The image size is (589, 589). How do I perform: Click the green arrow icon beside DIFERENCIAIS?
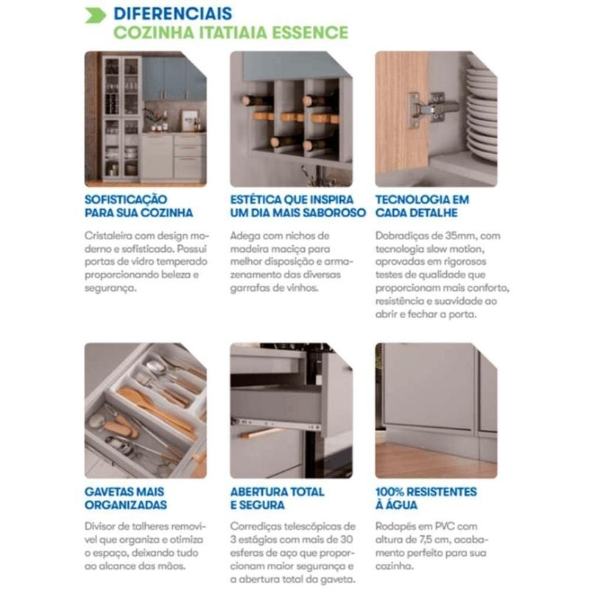point(96,15)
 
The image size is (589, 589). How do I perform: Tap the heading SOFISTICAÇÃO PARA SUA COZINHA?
point(138,206)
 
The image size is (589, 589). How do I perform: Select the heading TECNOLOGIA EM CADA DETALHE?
point(422,206)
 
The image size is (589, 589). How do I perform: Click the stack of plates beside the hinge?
point(482,113)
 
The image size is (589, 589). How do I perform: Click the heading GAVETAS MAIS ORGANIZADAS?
point(126,498)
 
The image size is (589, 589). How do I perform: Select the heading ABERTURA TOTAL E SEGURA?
point(278,498)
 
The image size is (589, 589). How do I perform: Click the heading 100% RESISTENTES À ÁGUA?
point(426,498)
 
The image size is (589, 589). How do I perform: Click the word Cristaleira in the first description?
point(108,236)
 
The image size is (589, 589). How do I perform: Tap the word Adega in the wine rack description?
point(245,236)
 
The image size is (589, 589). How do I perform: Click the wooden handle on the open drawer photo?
point(261,433)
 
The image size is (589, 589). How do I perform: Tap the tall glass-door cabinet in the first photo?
point(121,119)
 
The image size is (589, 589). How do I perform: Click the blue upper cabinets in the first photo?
point(174,79)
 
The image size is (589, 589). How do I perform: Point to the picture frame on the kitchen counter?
point(189,120)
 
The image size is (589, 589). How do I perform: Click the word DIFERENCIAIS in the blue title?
point(173,13)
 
